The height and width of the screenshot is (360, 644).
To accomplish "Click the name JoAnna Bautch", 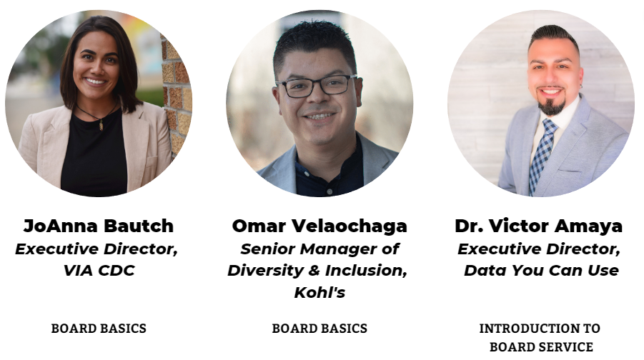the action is click(99, 226).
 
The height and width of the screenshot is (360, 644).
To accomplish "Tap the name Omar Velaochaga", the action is click(319, 226).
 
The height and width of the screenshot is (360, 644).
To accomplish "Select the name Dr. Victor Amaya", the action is click(538, 226).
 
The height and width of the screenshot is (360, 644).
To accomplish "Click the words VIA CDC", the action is click(99, 271).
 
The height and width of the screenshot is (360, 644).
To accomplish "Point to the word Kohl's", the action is click(319, 292).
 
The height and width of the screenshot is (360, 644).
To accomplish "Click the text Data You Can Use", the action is click(541, 271).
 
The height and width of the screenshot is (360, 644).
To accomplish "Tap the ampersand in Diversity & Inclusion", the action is click(314, 271).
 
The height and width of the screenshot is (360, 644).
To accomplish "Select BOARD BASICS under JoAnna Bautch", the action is click(99, 329).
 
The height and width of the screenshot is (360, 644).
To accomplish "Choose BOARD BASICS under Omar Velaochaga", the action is click(319, 329).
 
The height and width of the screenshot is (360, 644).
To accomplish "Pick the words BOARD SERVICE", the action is click(541, 347).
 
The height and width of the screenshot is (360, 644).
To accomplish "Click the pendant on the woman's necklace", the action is click(101, 124).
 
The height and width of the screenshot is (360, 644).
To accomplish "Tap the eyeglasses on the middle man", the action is click(316, 86).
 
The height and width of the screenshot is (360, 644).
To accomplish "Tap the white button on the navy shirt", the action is click(329, 191).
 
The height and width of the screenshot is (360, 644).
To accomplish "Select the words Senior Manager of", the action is click(319, 249).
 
